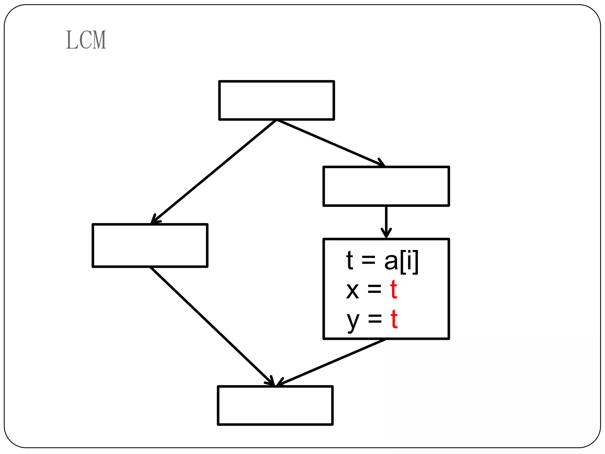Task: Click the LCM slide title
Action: [x=86, y=40]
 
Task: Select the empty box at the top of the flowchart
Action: [x=277, y=100]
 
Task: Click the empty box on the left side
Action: [x=150, y=246]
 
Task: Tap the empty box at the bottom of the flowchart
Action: [x=275, y=406]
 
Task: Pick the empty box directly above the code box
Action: [x=386, y=186]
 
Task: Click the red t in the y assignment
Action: [x=394, y=319]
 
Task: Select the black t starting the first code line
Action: [x=350, y=260]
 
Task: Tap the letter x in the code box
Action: [x=352, y=291]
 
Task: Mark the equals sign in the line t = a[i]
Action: [x=368, y=260]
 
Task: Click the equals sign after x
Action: [x=374, y=290]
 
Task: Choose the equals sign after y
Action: [x=375, y=319]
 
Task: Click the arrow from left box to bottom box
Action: [x=211, y=325]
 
